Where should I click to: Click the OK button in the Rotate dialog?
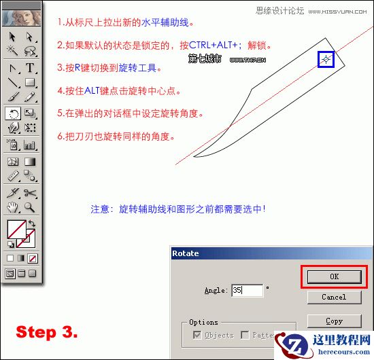(x=333, y=276)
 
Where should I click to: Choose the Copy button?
(x=333, y=321)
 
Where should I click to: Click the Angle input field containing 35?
(x=247, y=290)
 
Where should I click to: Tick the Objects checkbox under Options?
(x=197, y=336)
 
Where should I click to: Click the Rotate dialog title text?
(x=186, y=253)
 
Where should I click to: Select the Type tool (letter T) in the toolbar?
(x=31, y=68)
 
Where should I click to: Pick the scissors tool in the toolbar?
(x=31, y=194)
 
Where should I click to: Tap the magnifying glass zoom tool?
(x=31, y=207)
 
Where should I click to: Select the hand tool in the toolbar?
(x=13, y=207)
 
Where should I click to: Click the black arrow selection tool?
(x=13, y=37)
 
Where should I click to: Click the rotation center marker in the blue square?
(x=326, y=60)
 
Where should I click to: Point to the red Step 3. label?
(x=47, y=332)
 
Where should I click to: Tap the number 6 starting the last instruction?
(x=61, y=136)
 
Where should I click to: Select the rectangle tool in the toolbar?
(x=31, y=83)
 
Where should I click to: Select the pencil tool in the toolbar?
(x=31, y=98)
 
